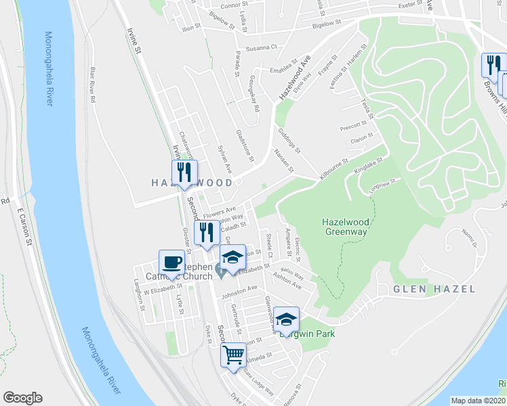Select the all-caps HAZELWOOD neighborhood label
191,183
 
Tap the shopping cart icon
233,353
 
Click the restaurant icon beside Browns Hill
491,65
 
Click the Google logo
22,398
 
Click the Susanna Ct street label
262,47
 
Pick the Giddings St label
289,139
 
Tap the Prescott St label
353,126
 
